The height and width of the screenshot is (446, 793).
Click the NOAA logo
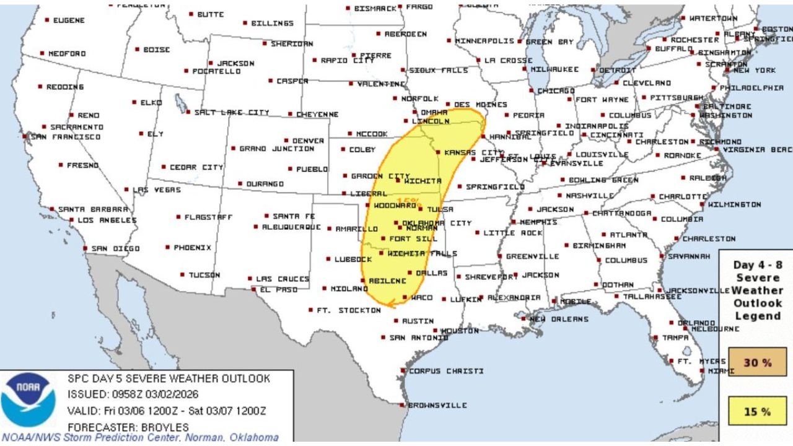[28, 400]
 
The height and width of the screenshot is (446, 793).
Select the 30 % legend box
[757, 362]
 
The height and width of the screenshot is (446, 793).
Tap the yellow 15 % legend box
[757, 411]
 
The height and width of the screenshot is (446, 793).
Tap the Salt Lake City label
[231, 113]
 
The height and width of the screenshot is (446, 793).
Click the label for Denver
[307, 141]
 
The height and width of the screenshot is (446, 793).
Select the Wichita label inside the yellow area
[423, 181]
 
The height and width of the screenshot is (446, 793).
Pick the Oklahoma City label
[437, 223]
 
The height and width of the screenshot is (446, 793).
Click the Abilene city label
[387, 281]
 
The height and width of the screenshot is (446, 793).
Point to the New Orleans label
[558, 319]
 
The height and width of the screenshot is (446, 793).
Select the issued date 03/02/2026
[173, 394]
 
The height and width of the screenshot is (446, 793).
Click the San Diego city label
[108, 248]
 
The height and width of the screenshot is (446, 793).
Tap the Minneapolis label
[484, 41]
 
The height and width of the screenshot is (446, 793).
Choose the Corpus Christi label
[446, 371]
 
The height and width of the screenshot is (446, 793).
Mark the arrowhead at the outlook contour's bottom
[389, 303]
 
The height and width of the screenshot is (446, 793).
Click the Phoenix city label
[192, 247]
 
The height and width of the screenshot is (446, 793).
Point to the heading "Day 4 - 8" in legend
[757, 265]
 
